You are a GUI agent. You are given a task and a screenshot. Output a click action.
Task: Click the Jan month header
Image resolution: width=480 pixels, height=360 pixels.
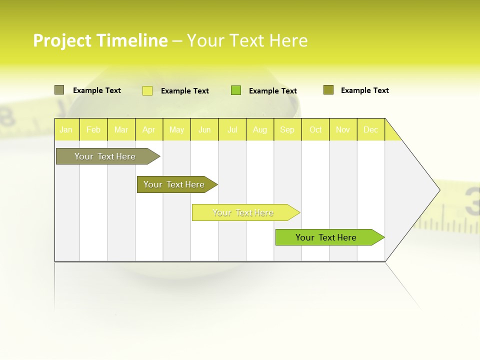tap(66, 130)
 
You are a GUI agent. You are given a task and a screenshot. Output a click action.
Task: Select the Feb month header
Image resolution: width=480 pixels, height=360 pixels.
tap(93, 130)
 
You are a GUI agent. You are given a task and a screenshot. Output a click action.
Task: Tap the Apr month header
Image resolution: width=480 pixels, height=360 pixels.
tap(149, 130)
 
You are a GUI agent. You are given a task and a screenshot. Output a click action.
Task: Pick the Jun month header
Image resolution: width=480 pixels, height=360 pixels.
tap(204, 130)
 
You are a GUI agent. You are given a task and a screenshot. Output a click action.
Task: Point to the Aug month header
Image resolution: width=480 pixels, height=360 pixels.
tap(260, 130)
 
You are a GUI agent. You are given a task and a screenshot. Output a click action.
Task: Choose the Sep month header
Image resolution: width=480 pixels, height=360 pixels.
tap(287, 130)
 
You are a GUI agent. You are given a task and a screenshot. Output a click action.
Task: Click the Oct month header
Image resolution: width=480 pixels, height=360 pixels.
tap(315, 130)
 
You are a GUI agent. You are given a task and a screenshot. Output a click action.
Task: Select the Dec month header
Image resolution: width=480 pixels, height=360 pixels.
tap(371, 130)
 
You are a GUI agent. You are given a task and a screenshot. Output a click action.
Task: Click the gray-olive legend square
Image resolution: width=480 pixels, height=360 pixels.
tap(59, 90)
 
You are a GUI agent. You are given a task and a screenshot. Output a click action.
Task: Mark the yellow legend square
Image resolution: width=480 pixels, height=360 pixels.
tap(147, 90)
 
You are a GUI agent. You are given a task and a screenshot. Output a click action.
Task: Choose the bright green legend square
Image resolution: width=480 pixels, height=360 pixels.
tap(236, 90)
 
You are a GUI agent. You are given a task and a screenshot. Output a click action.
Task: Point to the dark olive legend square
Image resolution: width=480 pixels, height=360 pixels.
tap(328, 90)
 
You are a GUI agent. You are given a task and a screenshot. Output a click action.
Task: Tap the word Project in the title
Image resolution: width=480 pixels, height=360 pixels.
tap(62, 40)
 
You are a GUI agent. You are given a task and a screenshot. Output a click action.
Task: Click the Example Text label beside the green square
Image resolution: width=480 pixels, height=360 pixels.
tap(272, 91)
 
